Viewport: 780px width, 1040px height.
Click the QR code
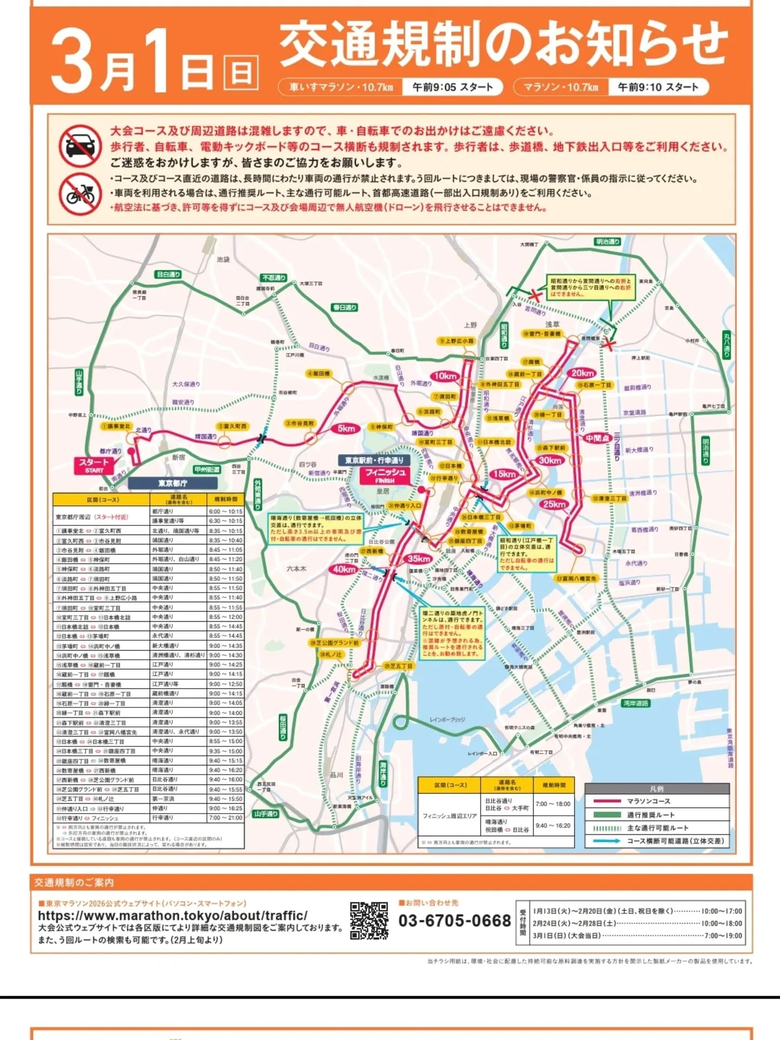click(369, 920)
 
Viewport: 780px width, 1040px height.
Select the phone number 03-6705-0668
click(454, 920)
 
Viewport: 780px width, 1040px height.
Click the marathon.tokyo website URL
click(173, 915)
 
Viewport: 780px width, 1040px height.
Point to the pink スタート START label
click(93, 465)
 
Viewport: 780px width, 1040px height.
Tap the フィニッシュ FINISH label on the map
click(385, 475)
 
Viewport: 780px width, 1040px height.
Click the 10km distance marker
click(445, 376)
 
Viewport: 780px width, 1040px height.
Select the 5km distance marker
click(346, 428)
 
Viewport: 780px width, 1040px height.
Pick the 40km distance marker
click(344, 569)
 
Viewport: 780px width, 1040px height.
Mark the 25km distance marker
click(554, 504)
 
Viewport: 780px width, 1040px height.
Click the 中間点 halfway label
click(597, 438)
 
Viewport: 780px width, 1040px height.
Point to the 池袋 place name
click(223, 259)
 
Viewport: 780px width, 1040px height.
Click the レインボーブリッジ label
click(447, 719)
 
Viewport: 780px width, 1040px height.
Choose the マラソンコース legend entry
click(648, 801)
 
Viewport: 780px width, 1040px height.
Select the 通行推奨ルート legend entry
click(651, 815)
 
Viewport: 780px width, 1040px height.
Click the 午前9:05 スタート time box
click(452, 87)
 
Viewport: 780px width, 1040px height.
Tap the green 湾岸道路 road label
click(635, 703)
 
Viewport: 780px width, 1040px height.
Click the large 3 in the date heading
click(73, 62)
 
